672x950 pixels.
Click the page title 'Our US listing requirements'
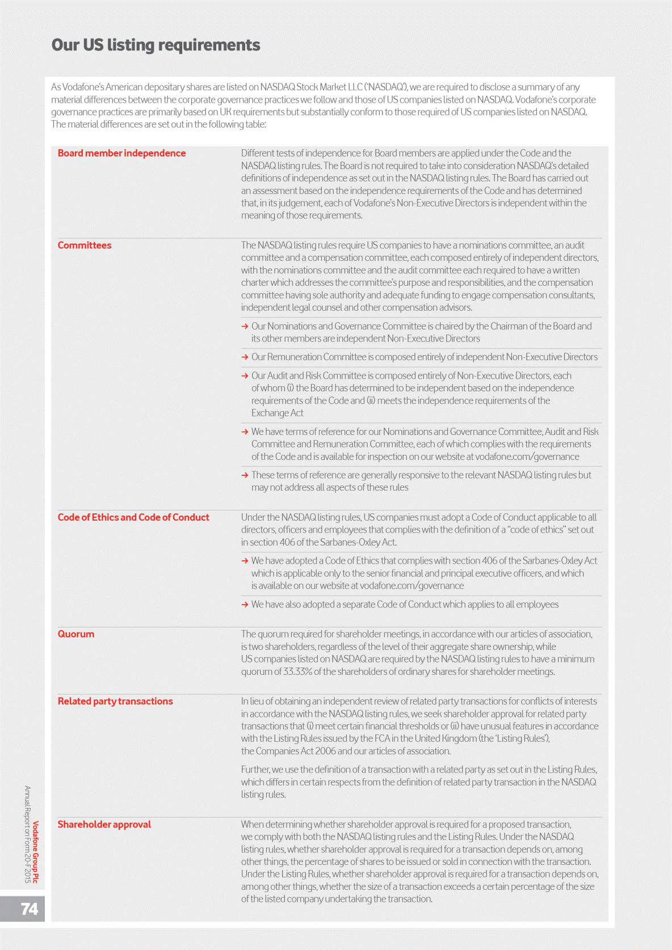pos(156,45)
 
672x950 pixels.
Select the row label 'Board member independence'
pos(121,153)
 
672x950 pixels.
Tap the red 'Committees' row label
pos(85,245)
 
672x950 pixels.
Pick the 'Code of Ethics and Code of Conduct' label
pos(133,517)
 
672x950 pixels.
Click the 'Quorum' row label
pos(76,634)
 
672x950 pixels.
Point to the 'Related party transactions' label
pos(115,701)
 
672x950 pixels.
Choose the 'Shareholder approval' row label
pos(104,824)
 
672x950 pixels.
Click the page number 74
pos(29,909)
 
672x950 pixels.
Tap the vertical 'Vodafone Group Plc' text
pos(36,852)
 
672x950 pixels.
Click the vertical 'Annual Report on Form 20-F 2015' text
pos(27,834)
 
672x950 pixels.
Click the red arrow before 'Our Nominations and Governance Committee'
pos(245,326)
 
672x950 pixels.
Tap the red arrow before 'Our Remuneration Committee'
pos(245,357)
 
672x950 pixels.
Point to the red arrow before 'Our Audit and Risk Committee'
pos(245,375)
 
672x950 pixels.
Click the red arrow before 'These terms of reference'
pos(245,475)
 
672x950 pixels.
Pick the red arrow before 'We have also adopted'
pos(245,605)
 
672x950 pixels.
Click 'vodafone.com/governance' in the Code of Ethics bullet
pos(411,586)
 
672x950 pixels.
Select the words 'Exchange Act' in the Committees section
pos(278,413)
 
